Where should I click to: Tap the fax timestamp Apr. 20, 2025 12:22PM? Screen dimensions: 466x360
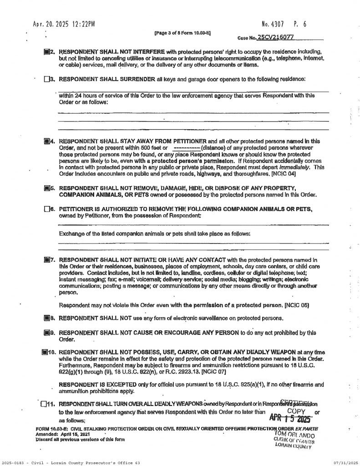pyautogui.click(x=63, y=24)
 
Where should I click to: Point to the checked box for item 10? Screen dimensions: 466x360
pyautogui.click(x=45, y=352)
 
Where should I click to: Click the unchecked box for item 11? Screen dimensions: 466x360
pyautogui.click(x=43, y=403)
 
